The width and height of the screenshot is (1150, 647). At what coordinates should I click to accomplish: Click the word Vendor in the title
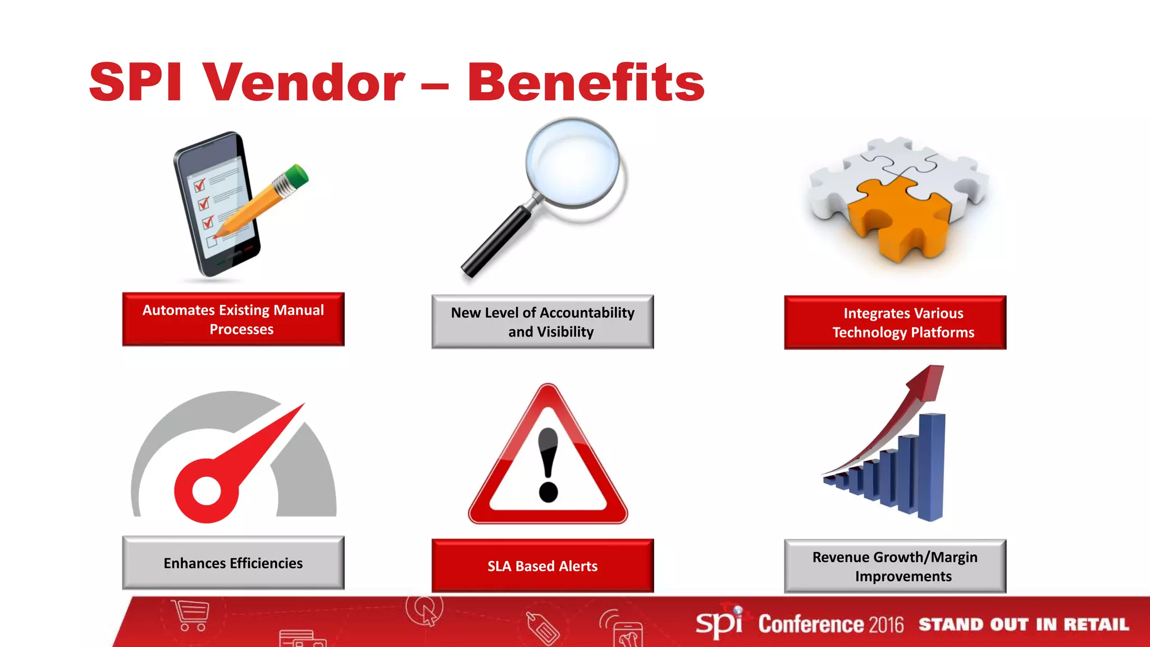(303, 83)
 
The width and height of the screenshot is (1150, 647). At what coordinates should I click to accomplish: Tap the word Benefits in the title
(585, 83)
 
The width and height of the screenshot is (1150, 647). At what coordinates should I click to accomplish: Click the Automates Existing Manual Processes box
(233, 319)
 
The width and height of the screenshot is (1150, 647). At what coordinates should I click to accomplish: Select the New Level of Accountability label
(542, 322)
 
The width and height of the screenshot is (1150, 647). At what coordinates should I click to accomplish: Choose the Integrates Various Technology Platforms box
(895, 322)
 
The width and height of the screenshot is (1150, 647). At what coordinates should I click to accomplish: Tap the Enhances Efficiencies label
(233, 563)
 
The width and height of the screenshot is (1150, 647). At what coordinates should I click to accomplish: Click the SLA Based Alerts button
(542, 566)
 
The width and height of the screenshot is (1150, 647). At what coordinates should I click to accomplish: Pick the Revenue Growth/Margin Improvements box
(895, 566)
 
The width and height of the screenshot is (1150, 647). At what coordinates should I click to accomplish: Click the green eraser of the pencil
(297, 175)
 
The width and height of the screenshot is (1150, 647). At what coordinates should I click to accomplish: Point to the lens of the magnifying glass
(572, 162)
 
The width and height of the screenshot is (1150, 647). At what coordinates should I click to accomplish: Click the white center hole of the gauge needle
(206, 491)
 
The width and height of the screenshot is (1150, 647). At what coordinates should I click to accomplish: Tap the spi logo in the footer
(719, 623)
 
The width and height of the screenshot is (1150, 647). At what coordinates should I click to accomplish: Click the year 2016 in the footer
(886, 625)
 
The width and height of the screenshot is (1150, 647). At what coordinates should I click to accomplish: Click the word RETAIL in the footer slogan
(1096, 625)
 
